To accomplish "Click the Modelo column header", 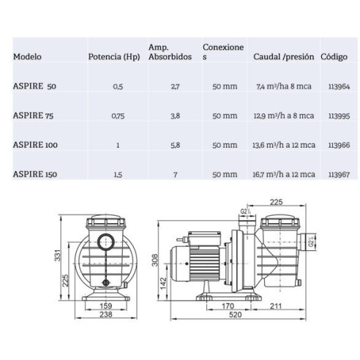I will click(27, 56).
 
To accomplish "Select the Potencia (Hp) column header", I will click(113, 56).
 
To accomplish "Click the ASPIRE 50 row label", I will click(34, 86).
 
